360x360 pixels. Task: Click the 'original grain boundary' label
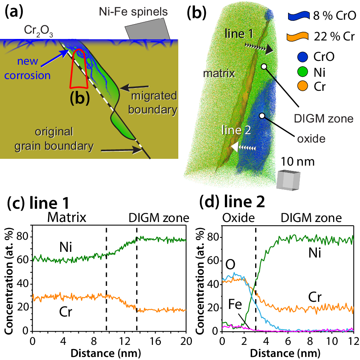tap(63, 139)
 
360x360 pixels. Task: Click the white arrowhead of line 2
tap(235, 147)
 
